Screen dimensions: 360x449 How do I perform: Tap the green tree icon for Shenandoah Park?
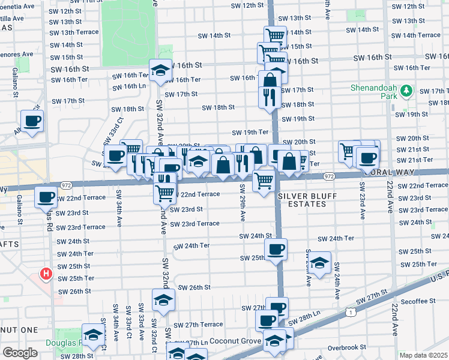407,91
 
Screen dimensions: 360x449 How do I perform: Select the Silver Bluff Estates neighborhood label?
306,200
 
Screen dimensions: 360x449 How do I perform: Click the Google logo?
20,352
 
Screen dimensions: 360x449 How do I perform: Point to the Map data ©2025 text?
423,355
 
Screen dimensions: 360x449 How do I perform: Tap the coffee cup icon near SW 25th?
276,249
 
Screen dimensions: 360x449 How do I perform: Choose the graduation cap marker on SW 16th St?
161,71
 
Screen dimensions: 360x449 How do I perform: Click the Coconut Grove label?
236,341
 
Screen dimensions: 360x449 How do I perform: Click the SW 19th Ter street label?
250,132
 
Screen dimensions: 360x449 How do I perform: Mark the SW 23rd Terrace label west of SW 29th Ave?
195,223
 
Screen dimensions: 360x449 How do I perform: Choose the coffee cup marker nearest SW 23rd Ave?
367,158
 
